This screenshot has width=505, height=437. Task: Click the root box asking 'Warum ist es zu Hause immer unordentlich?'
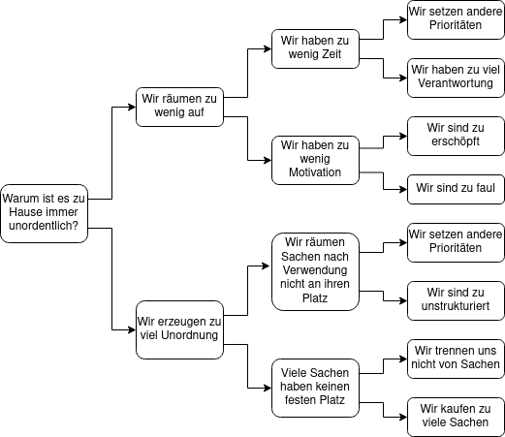click(44, 213)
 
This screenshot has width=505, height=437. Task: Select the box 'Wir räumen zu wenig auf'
click(179, 107)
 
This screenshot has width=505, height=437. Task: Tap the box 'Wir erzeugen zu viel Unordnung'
click(179, 329)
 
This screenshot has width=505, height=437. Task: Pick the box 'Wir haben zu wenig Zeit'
click(315, 48)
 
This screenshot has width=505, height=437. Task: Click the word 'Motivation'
click(315, 172)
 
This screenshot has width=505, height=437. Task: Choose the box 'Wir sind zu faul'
click(456, 189)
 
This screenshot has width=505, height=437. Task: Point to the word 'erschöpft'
click(456, 141)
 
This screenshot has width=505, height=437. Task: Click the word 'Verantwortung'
click(456, 83)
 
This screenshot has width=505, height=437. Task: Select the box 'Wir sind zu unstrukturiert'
click(456, 300)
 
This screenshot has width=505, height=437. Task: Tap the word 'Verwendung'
click(315, 270)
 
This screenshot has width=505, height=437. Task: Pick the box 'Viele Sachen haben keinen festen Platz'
click(315, 388)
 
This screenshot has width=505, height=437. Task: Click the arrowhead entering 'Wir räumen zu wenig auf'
click(132, 107)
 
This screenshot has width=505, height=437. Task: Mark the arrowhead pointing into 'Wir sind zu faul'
click(403, 189)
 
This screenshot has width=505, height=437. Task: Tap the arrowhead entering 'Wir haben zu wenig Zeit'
click(268, 48)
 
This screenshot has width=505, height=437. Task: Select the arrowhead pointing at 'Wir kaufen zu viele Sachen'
click(403, 417)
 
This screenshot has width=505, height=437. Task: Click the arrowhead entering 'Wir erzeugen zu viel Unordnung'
click(132, 329)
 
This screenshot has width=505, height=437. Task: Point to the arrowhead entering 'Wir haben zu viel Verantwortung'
click(403, 78)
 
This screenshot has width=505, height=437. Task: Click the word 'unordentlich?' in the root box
click(44, 226)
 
